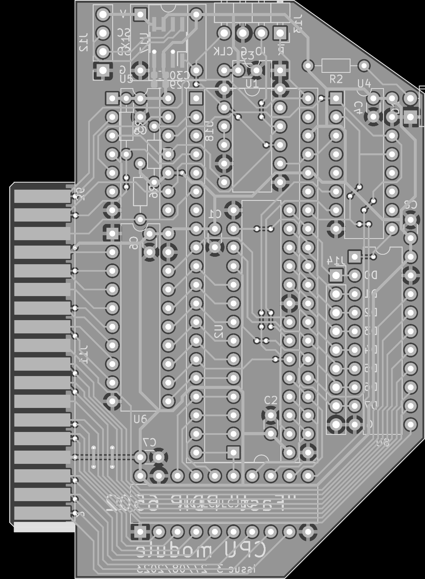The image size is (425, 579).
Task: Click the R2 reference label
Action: pos(336,79)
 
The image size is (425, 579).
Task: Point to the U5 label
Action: pos(126,79)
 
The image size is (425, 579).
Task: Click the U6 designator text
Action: pos(140,419)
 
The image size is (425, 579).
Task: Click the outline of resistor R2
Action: pos(336,65)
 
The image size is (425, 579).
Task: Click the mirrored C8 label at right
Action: pos(410,205)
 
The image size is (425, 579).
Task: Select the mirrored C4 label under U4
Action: pos(358,107)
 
